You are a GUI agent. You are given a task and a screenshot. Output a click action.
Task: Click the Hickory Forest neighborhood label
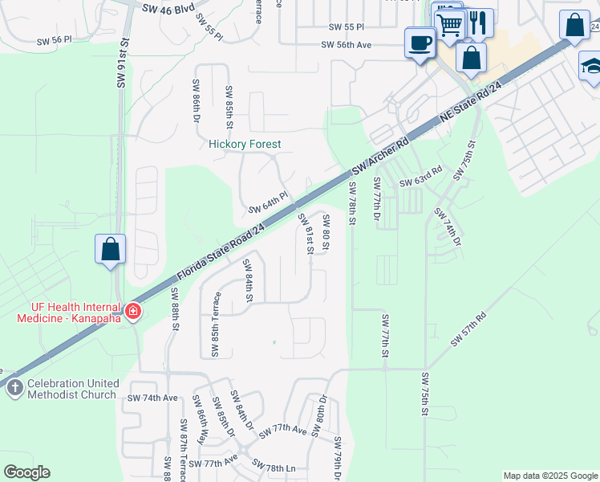pos(245,145)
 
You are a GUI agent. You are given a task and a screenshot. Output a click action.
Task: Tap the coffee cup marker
pos(420,43)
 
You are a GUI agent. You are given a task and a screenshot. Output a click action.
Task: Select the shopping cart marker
pos(450,24)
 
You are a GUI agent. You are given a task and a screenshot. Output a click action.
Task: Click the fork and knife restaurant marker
pos(478,22)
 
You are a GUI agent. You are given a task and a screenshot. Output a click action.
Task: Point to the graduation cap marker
pos(590,66)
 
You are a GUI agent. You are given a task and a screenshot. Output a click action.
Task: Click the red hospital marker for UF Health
pos(132,311)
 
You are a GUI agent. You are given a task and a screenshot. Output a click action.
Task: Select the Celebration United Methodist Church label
pos(71,389)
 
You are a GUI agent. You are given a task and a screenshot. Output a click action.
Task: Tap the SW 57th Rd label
pos(468,329)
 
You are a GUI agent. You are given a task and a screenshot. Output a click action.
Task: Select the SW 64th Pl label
pos(267,202)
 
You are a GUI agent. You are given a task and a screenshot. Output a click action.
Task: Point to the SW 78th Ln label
pos(274,467)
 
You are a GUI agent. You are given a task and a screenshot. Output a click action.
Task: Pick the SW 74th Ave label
pos(152,398)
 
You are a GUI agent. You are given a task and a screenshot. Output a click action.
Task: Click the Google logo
pos(26,472)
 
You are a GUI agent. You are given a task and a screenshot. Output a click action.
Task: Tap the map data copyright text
pos(549,476)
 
